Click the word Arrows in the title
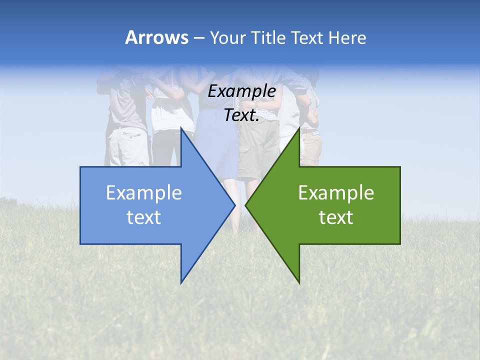point(156,37)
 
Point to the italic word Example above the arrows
point(241,91)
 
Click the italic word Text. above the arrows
point(241,115)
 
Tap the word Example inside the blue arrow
point(144,193)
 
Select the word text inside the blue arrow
point(144,217)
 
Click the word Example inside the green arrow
point(336,193)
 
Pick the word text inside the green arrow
point(336,217)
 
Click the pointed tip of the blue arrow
point(234,205)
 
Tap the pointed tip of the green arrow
point(245,205)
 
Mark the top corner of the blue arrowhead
point(181,128)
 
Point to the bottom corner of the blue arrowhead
point(181,282)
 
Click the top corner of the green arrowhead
point(299,128)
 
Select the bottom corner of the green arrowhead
point(299,282)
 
